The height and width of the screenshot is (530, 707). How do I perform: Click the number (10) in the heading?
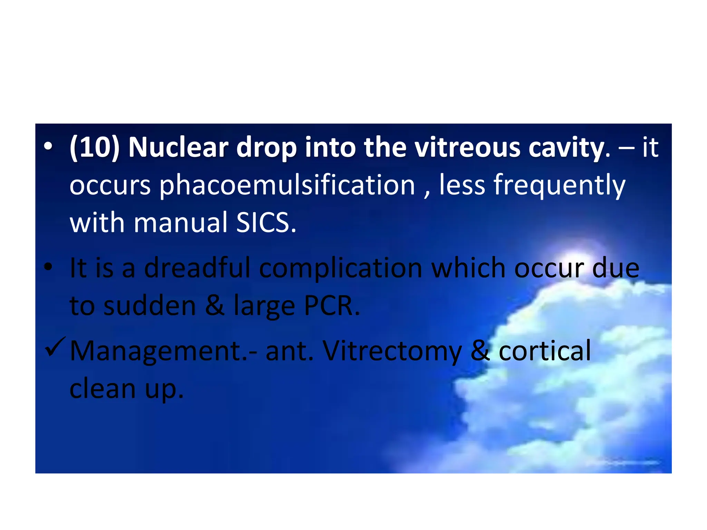point(95,148)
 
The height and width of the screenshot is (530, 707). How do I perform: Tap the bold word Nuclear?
point(178,148)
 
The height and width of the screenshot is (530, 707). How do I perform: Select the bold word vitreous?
point(467,148)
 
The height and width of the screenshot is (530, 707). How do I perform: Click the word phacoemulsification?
point(287,186)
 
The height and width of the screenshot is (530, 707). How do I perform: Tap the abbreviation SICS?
point(266,223)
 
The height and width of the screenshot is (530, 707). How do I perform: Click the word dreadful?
point(197,268)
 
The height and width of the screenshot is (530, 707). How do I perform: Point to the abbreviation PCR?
point(332,306)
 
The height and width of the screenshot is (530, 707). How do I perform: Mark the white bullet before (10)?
point(48,147)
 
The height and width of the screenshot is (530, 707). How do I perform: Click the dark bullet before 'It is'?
point(48,267)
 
